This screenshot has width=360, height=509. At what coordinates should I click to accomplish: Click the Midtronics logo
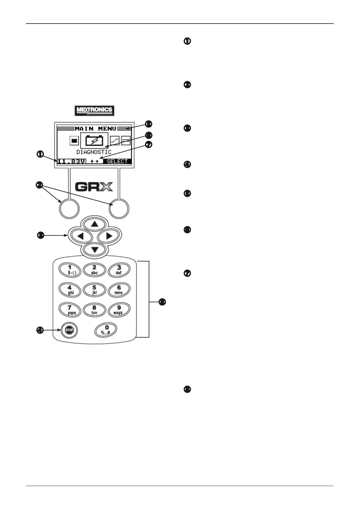(94, 111)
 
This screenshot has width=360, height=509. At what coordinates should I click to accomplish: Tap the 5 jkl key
(94, 290)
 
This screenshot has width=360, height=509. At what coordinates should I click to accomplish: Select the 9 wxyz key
(119, 310)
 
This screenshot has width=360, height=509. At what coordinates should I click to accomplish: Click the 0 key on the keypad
(106, 330)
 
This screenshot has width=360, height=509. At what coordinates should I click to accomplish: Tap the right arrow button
(109, 236)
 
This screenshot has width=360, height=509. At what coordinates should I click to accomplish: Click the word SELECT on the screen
(117, 162)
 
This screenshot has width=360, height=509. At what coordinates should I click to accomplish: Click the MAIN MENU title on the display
(96, 129)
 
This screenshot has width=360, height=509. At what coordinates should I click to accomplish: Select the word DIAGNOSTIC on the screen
(94, 152)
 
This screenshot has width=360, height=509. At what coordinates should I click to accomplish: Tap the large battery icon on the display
(94, 140)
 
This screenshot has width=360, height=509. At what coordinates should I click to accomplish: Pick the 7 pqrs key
(70, 310)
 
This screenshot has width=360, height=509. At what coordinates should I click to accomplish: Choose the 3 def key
(119, 270)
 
